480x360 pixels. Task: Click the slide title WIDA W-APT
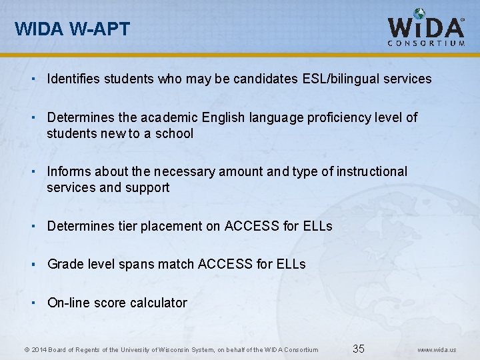click(x=73, y=29)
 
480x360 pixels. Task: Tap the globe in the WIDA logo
click(x=419, y=14)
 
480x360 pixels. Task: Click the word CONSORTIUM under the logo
click(x=426, y=43)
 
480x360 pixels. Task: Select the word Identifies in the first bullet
click(x=74, y=79)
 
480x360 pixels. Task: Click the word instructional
click(x=371, y=171)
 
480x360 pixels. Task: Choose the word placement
click(x=171, y=226)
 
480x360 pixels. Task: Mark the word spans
click(x=136, y=264)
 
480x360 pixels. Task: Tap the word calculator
click(x=159, y=303)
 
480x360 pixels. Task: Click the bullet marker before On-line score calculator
click(x=33, y=302)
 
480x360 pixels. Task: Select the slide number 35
click(x=359, y=349)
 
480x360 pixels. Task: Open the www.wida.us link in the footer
click(x=437, y=349)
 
